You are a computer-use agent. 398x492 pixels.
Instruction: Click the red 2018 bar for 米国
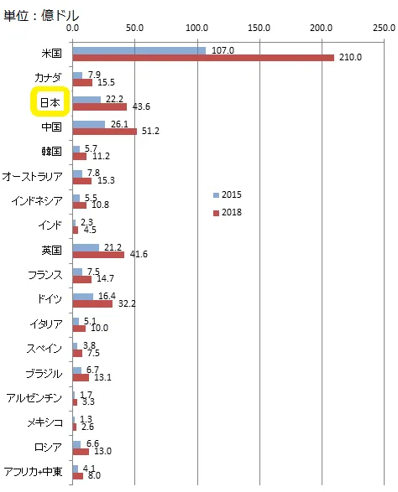[203, 58]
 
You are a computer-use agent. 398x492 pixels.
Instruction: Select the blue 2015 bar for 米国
[139, 50]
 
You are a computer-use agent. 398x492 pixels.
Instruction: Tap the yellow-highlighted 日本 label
[50, 102]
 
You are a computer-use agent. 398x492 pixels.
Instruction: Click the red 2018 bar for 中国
[105, 132]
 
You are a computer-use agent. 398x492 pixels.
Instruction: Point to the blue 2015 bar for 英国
[86, 248]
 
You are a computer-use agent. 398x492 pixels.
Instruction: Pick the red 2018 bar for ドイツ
[92, 303]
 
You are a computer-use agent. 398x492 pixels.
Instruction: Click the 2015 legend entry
[228, 194]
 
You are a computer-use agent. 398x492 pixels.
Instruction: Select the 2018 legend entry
[228, 213]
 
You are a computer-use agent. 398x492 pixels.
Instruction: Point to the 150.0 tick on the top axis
[259, 28]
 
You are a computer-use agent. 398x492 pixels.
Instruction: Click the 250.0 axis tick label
[384, 28]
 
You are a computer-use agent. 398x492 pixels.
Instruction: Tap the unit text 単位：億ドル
[41, 15]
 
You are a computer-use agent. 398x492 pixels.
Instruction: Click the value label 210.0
[350, 58]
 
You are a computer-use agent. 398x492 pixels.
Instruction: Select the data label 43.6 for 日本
[141, 106]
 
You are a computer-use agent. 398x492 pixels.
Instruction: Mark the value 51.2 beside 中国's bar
[150, 131]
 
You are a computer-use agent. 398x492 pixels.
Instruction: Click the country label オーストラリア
[33, 176]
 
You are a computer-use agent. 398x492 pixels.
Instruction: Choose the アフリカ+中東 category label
[33, 472]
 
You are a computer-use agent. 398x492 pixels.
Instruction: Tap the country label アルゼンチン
[34, 398]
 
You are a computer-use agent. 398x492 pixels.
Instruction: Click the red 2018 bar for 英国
[98, 255]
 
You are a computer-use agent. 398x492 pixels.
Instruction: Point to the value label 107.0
[223, 50]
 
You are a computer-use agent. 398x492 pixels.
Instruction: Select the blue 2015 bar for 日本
[86, 100]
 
